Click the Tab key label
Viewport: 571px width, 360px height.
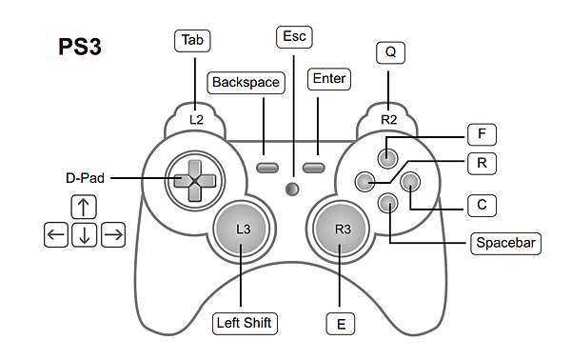click(192, 40)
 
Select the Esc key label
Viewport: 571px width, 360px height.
click(294, 37)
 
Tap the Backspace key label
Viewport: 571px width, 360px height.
click(246, 83)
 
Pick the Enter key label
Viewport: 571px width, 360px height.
click(329, 79)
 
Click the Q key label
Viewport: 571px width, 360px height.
click(390, 52)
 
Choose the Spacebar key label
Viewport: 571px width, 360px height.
click(506, 243)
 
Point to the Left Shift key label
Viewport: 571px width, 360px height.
click(245, 323)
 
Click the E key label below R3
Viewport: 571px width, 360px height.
click(341, 324)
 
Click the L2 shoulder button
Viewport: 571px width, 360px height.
click(196, 119)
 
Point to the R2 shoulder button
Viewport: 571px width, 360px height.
click(388, 119)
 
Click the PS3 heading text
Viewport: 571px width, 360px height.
click(80, 47)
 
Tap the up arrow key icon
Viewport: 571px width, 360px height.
click(84, 207)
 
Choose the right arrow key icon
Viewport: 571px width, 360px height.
click(113, 235)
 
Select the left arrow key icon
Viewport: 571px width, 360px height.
click(56, 235)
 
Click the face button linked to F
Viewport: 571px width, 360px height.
click(387, 158)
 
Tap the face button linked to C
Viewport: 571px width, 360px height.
click(410, 182)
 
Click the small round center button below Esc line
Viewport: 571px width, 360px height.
click(292, 190)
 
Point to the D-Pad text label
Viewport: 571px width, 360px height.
click(86, 178)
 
